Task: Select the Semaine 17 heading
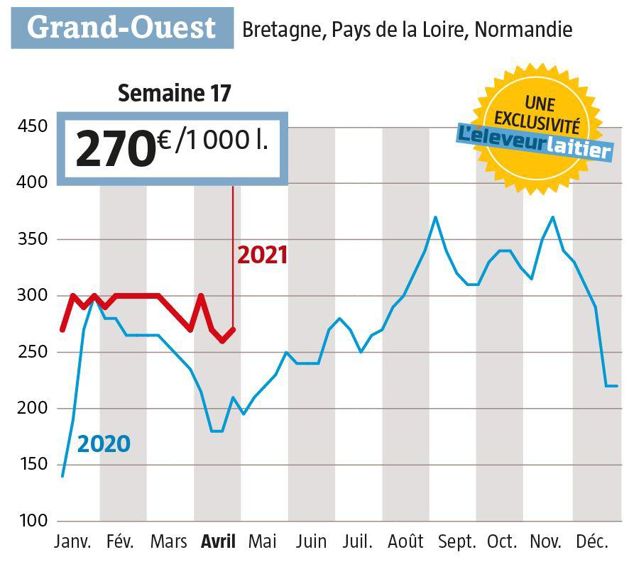(x=174, y=95)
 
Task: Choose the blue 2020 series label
(x=104, y=442)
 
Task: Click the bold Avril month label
(x=217, y=543)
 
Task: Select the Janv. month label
(x=70, y=543)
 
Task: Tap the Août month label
(x=405, y=543)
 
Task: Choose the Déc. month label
(x=592, y=543)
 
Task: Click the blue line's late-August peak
(x=435, y=217)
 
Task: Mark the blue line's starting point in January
(x=62, y=476)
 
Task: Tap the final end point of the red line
(x=233, y=329)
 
